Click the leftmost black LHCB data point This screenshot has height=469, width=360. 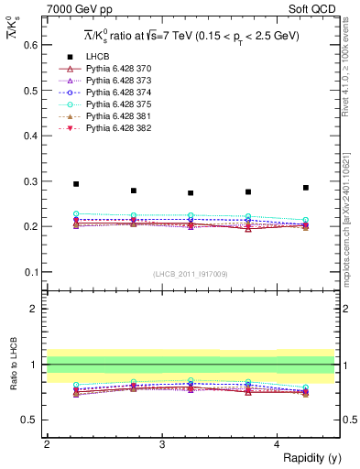pyautogui.click(x=76, y=184)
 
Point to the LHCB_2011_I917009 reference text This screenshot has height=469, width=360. pyautogui.click(x=191, y=274)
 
